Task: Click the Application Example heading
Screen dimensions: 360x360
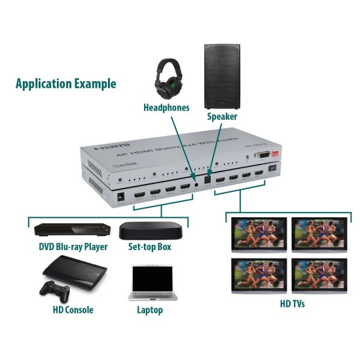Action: point(65,84)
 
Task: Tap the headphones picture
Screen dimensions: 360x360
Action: point(172,78)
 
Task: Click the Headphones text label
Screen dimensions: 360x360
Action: point(167,107)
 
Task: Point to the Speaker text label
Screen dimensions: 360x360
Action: point(222,117)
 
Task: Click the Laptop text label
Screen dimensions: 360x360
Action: point(149,310)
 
